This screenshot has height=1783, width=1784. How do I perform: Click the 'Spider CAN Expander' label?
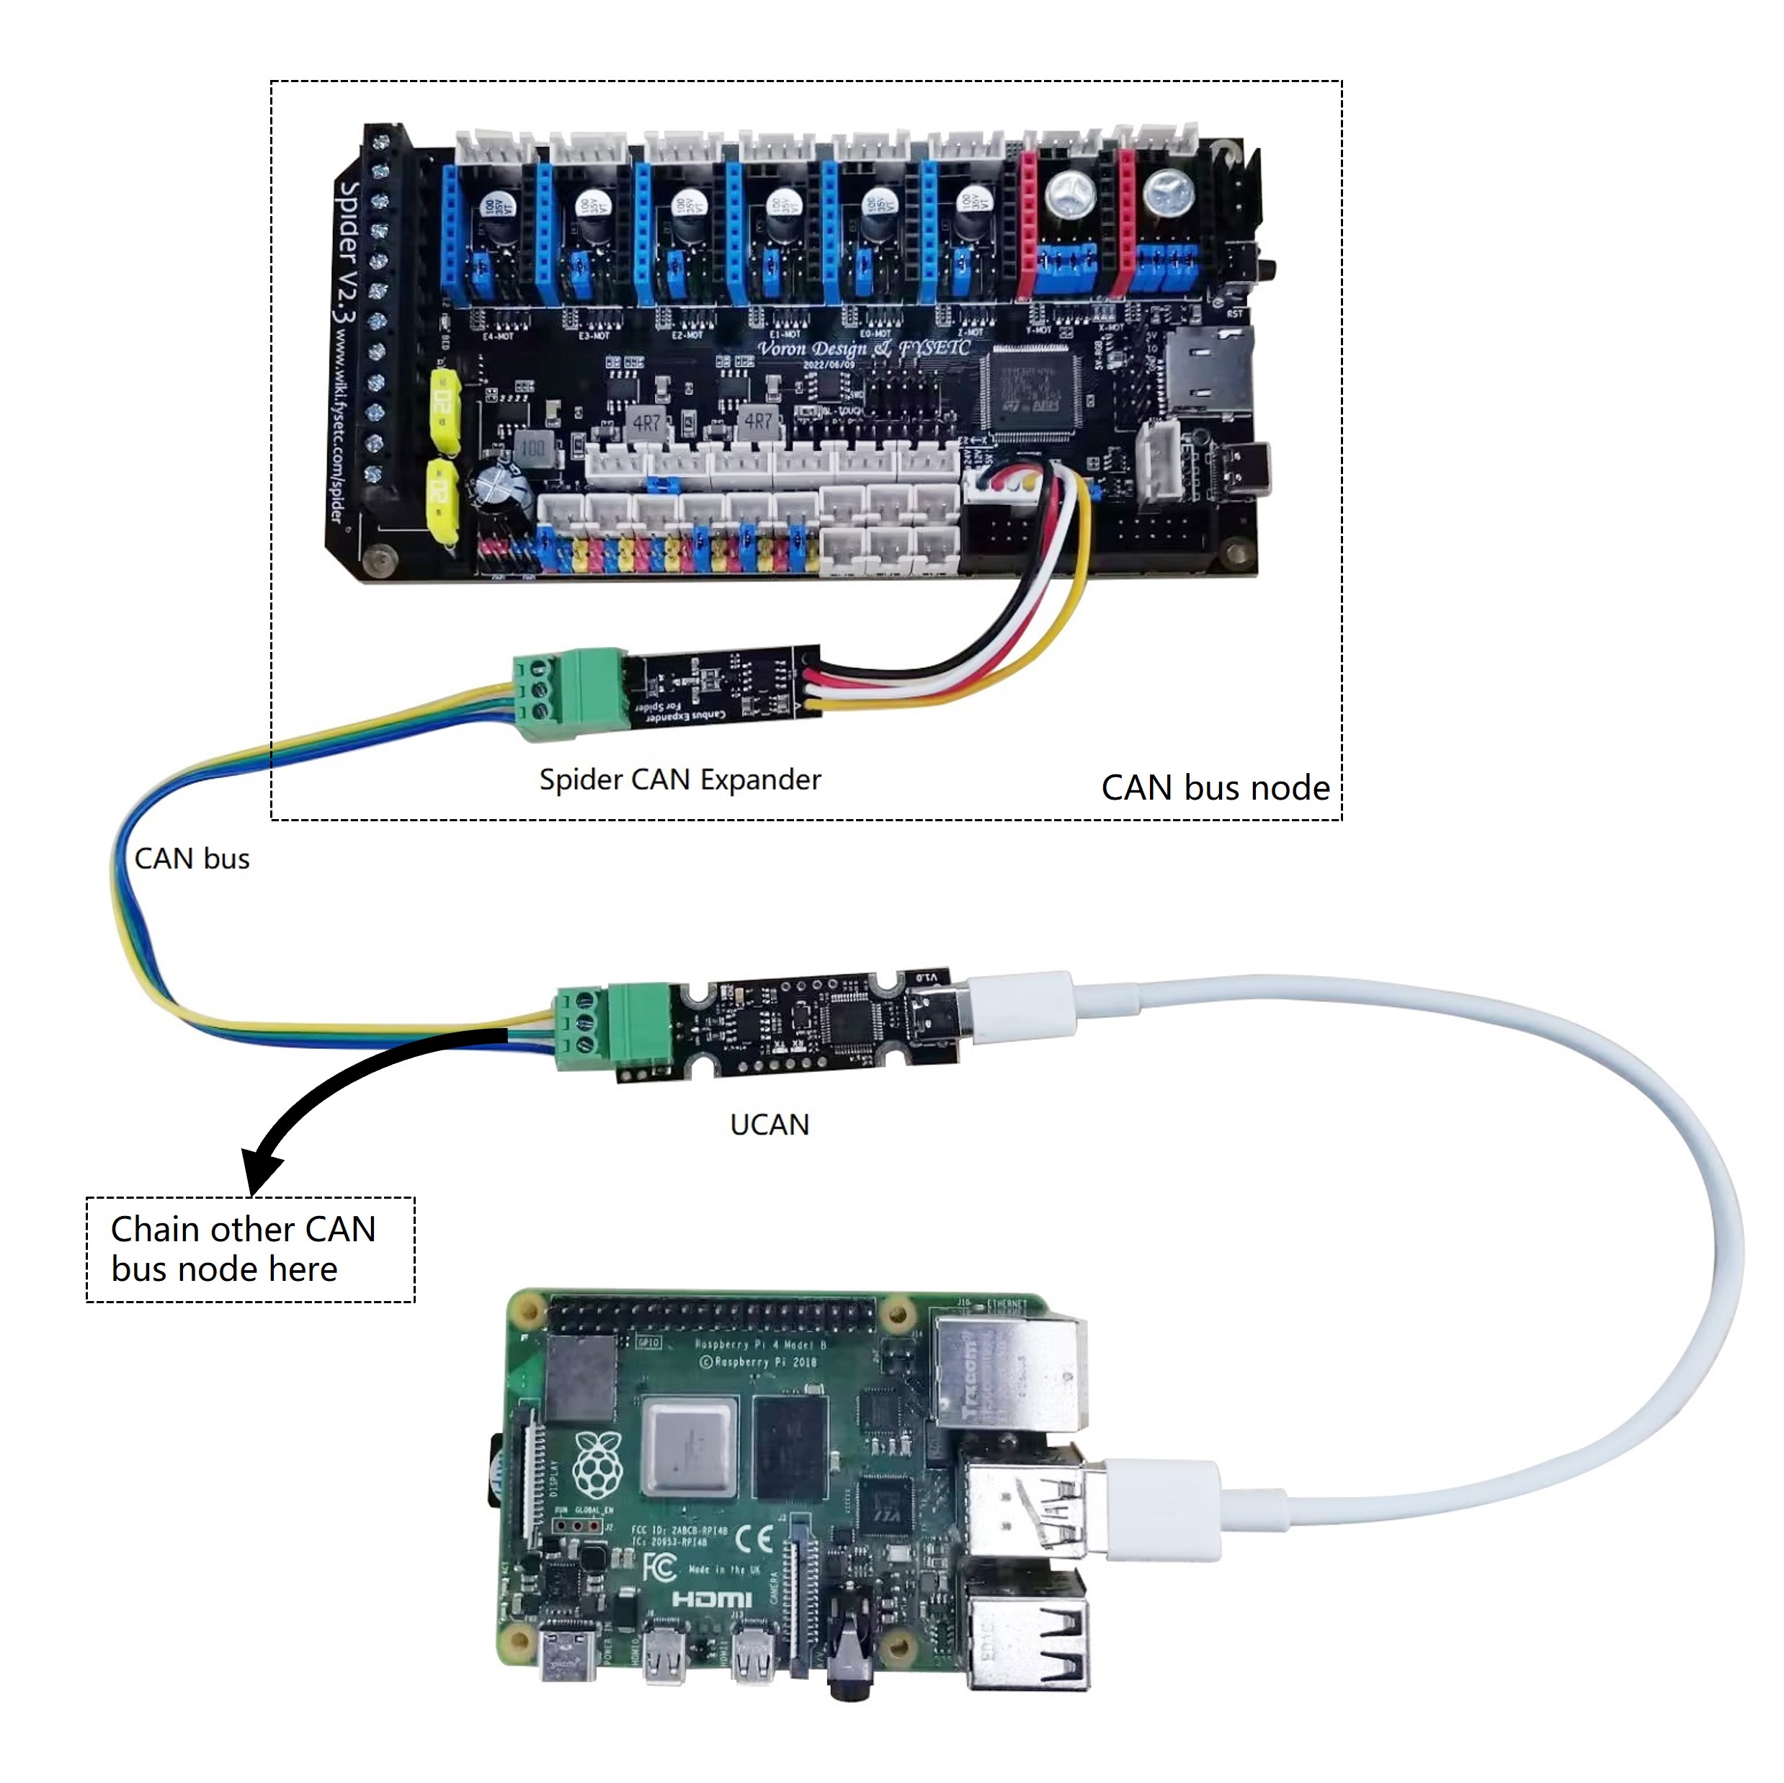click(x=679, y=780)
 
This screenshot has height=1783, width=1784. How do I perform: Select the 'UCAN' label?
click(x=770, y=1125)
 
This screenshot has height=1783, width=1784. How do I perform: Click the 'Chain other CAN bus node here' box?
click(x=250, y=1249)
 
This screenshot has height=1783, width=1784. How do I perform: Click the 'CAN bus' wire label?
click(x=192, y=859)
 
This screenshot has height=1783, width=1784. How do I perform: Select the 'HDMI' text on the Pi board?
click(x=711, y=1599)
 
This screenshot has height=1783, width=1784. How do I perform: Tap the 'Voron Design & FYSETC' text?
click(x=863, y=348)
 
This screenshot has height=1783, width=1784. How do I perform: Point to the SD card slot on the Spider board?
click(x=1208, y=370)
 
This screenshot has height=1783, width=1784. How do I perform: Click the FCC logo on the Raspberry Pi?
click(x=659, y=1567)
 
